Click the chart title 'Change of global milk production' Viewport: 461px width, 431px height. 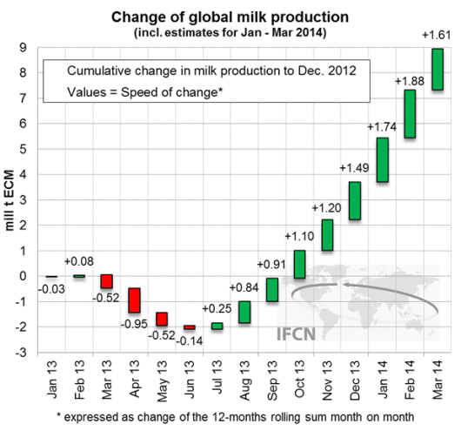point(230,17)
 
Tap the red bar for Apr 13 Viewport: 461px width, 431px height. point(135,300)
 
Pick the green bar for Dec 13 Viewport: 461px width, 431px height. point(331,200)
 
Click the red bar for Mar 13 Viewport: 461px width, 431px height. point(107,281)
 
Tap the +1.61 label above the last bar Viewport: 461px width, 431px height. point(438,34)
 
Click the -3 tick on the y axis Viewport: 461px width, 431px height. point(23,353)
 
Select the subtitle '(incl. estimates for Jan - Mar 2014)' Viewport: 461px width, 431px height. point(230,33)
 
